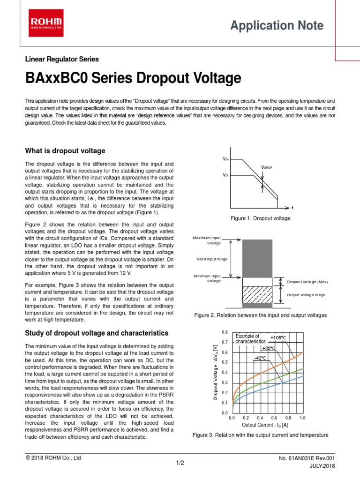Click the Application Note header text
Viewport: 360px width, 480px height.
tap(277, 26)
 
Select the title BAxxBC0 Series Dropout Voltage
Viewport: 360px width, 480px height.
tap(133, 78)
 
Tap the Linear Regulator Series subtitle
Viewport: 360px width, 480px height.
tap(61, 59)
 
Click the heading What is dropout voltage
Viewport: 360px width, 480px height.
tap(65, 150)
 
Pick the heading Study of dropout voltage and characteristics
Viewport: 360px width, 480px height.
tap(96, 333)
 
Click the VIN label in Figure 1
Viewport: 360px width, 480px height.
tap(225, 160)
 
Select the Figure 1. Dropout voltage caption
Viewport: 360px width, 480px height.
tap(260, 218)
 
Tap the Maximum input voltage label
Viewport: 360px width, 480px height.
tap(207, 240)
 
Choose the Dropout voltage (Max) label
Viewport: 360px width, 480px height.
tap(307, 282)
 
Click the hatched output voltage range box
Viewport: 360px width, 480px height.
tap(257, 294)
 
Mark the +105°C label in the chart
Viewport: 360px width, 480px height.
tap(278, 338)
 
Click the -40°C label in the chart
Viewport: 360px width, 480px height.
tap(260, 358)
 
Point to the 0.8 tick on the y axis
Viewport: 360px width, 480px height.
tap(225, 332)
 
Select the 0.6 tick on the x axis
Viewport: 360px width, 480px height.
tap(274, 417)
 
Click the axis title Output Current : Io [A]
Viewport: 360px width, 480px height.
tap(265, 425)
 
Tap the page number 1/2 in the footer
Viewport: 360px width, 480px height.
tap(180, 463)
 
